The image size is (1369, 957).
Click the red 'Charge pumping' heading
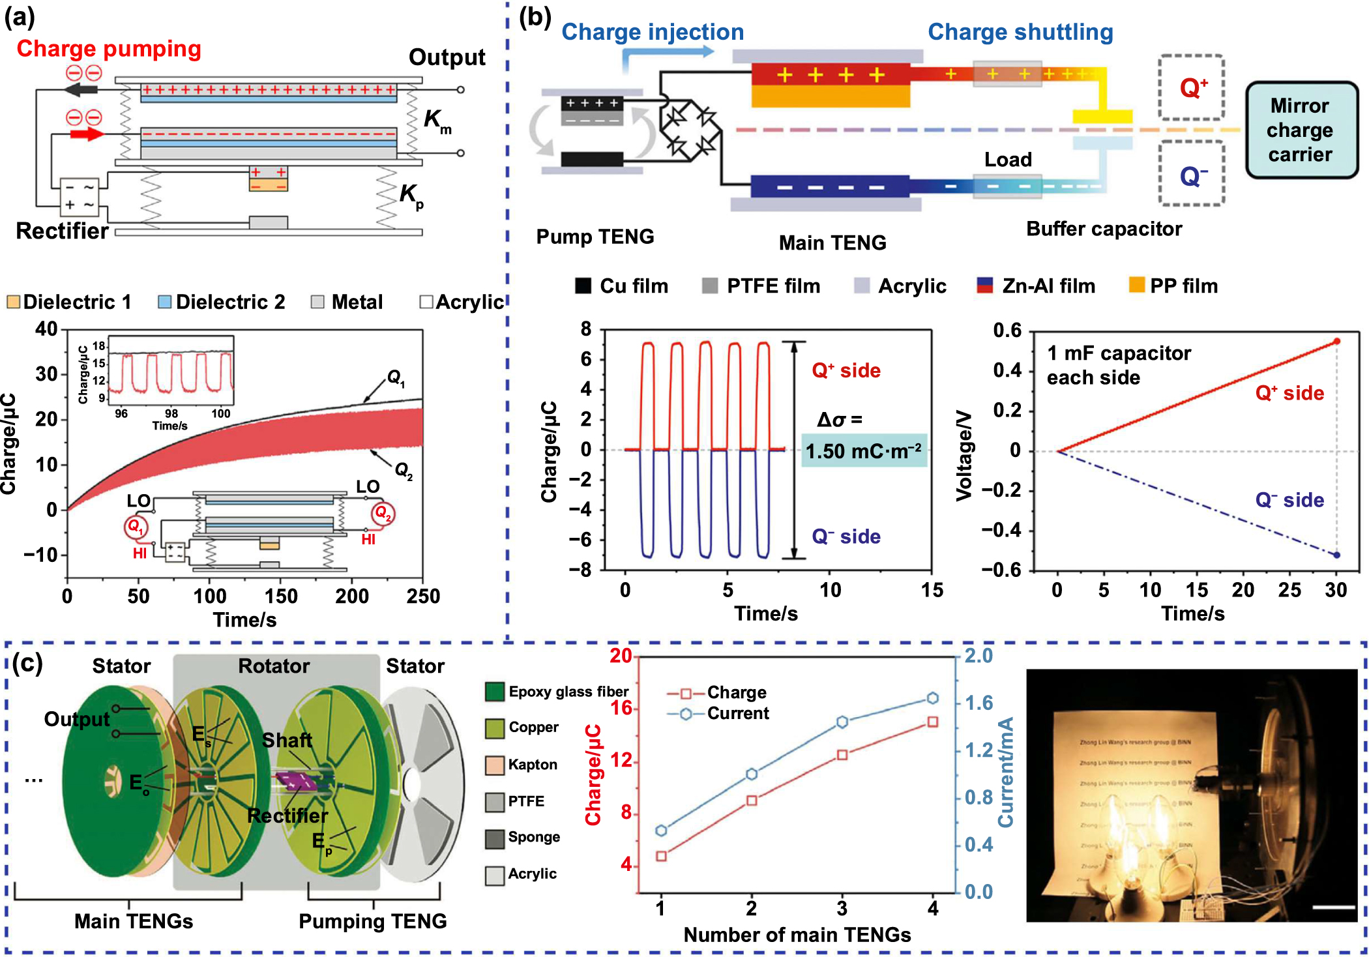(x=109, y=49)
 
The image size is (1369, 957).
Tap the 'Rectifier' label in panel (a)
(x=62, y=231)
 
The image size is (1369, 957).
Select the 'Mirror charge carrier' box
(x=1301, y=130)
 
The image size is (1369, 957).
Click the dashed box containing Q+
(x=1191, y=87)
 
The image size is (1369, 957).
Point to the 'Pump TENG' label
(x=595, y=236)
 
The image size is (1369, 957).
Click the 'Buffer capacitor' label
(x=1104, y=229)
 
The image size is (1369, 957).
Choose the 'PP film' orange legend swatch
(x=1137, y=285)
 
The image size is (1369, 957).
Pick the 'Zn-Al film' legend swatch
(x=985, y=285)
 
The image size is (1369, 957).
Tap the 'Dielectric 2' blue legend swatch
(x=165, y=302)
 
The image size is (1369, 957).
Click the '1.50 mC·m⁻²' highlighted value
(x=864, y=450)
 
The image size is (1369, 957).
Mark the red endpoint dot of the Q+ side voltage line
(x=1336, y=341)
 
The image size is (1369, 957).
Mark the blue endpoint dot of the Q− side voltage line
(x=1336, y=555)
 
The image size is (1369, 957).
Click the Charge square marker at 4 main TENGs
(x=933, y=722)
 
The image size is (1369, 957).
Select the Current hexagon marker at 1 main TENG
(x=661, y=830)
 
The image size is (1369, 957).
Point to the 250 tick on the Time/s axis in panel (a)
(x=423, y=595)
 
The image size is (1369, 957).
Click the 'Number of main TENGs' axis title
(x=797, y=935)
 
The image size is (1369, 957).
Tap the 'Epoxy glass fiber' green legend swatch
(x=495, y=692)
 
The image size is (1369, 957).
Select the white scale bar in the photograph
(x=1334, y=907)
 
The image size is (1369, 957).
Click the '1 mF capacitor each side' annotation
(x=1119, y=365)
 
